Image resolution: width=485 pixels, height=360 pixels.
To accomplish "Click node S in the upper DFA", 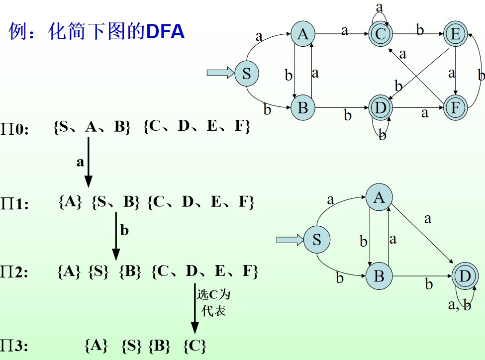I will click(x=246, y=74).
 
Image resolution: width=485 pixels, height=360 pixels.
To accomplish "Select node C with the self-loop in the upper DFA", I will click(x=381, y=34).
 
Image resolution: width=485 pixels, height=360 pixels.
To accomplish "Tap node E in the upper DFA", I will click(x=454, y=34).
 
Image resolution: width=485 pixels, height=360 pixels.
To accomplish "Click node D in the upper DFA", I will click(x=381, y=107).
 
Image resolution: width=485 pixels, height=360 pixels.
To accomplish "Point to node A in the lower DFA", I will click(x=379, y=198).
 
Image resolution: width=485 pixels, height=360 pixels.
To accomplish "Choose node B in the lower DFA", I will click(x=379, y=276).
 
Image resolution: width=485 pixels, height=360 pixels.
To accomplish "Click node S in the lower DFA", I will click(x=316, y=240).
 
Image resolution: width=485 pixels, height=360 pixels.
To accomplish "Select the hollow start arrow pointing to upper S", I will click(x=220, y=74).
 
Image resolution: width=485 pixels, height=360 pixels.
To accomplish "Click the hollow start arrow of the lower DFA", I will click(x=290, y=240).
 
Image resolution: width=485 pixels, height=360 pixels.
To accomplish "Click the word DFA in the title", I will click(x=165, y=32).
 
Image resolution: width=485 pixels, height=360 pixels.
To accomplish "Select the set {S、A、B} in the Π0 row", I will click(x=92, y=127).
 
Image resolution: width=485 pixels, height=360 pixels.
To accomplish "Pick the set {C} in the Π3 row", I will click(x=194, y=345).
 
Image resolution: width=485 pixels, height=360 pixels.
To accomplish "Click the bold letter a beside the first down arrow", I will click(x=80, y=162).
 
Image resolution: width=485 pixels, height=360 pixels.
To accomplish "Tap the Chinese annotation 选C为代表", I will click(x=213, y=302).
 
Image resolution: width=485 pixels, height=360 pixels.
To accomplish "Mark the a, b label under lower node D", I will click(x=459, y=305).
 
